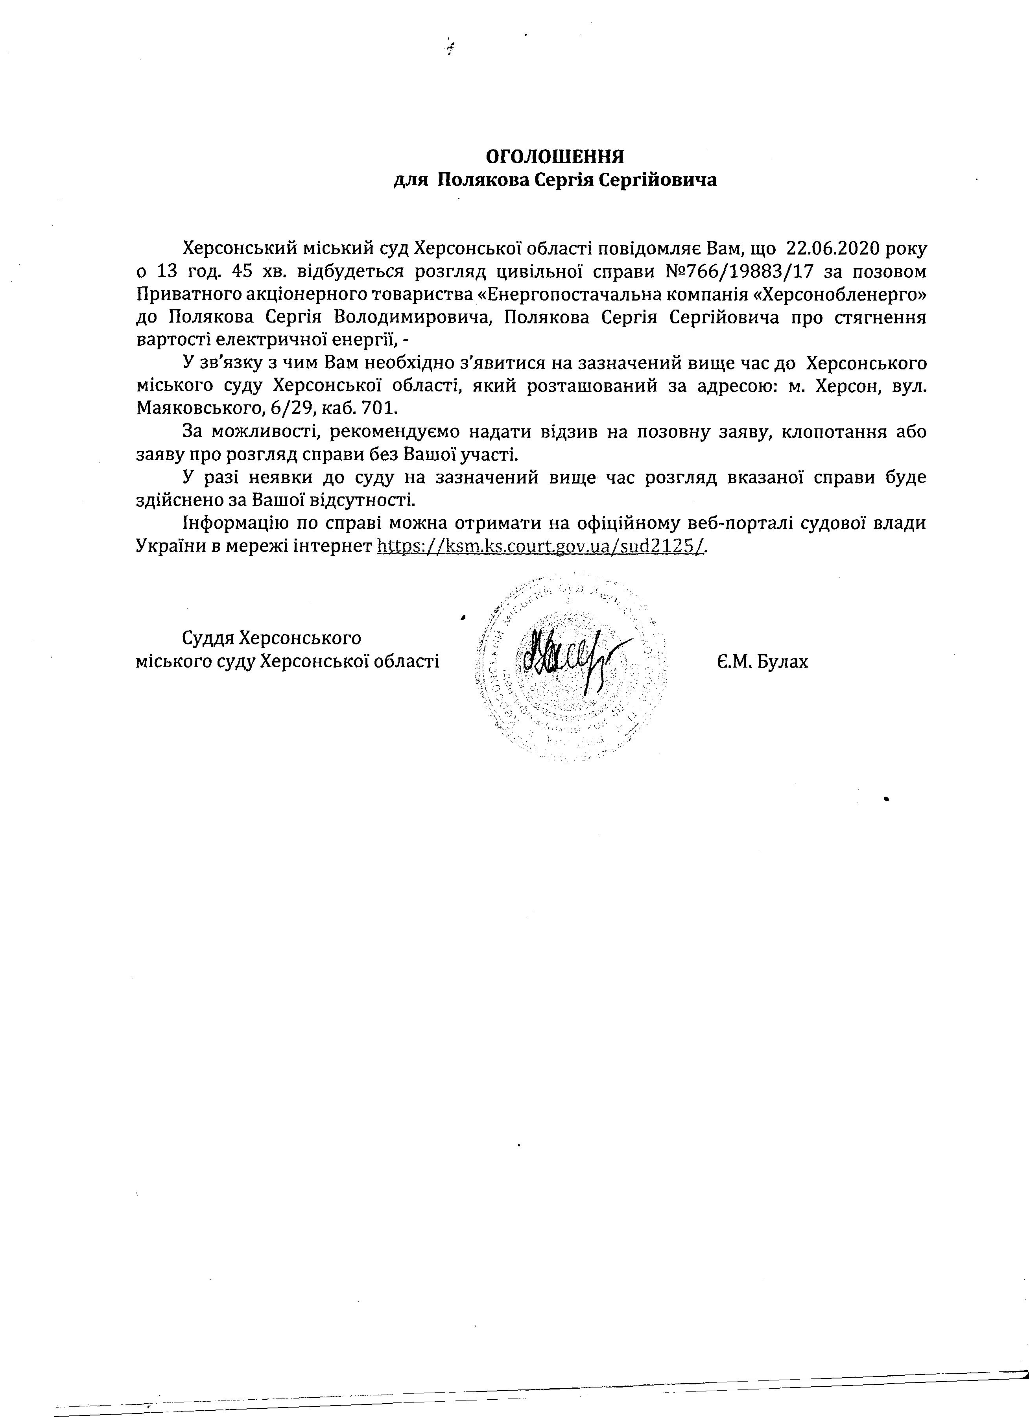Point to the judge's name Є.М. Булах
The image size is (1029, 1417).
(762, 661)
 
